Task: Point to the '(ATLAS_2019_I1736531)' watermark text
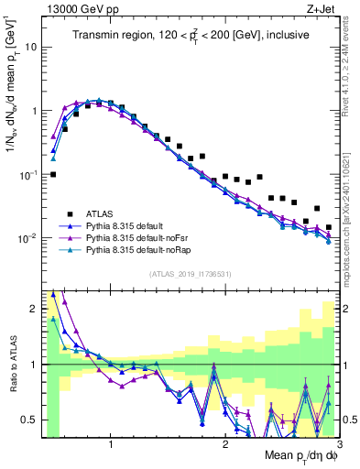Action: [191, 274]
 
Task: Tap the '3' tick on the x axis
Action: [338, 445]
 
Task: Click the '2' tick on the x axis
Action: [224, 445]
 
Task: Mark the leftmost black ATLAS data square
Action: [53, 174]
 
